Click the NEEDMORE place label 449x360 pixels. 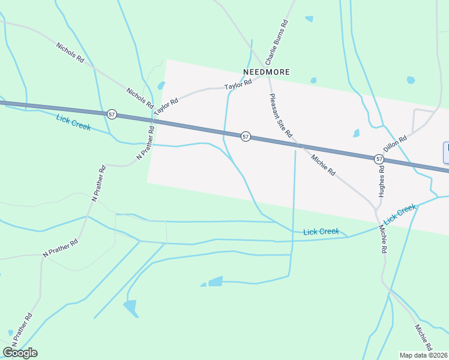coord(266,72)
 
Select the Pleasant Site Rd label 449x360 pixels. coord(280,115)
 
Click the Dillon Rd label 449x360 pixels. coord(395,146)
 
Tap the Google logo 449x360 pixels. coord(20,353)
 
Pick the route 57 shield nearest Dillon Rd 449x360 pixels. coord(379,159)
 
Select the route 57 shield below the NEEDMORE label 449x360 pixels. coord(246,137)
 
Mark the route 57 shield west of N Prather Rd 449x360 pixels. coord(112,113)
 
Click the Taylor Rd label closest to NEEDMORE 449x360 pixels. coord(238,86)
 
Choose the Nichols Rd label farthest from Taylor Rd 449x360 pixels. coord(69,53)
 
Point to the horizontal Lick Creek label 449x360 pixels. coord(321,232)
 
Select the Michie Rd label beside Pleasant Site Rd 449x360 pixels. coord(323,164)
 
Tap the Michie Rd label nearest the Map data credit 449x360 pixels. coord(423,337)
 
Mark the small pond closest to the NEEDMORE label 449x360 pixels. coord(313,80)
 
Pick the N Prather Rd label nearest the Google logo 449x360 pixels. coord(21,328)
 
